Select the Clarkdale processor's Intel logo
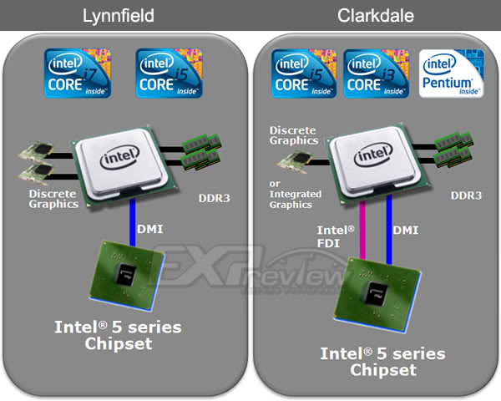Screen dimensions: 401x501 tap(373, 156)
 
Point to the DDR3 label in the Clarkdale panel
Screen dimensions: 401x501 tap(465, 195)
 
